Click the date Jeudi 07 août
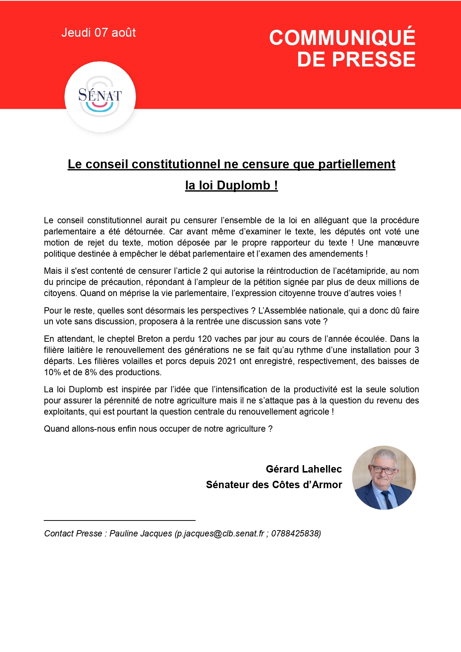pyautogui.click(x=99, y=33)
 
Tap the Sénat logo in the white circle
pyautogui.click(x=100, y=97)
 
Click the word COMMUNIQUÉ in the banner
pyautogui.click(x=342, y=38)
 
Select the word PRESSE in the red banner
pyautogui.click(x=374, y=59)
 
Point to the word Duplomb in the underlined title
pyautogui.click(x=244, y=185)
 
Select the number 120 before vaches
pyautogui.click(x=204, y=339)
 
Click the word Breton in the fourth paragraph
pyautogui.click(x=150, y=339)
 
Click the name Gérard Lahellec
pyautogui.click(x=304, y=469)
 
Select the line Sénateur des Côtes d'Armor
pyautogui.click(x=274, y=485)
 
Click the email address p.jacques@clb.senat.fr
pyautogui.click(x=220, y=533)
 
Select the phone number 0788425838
pyautogui.click(x=295, y=533)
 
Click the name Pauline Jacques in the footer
pyautogui.click(x=141, y=533)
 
